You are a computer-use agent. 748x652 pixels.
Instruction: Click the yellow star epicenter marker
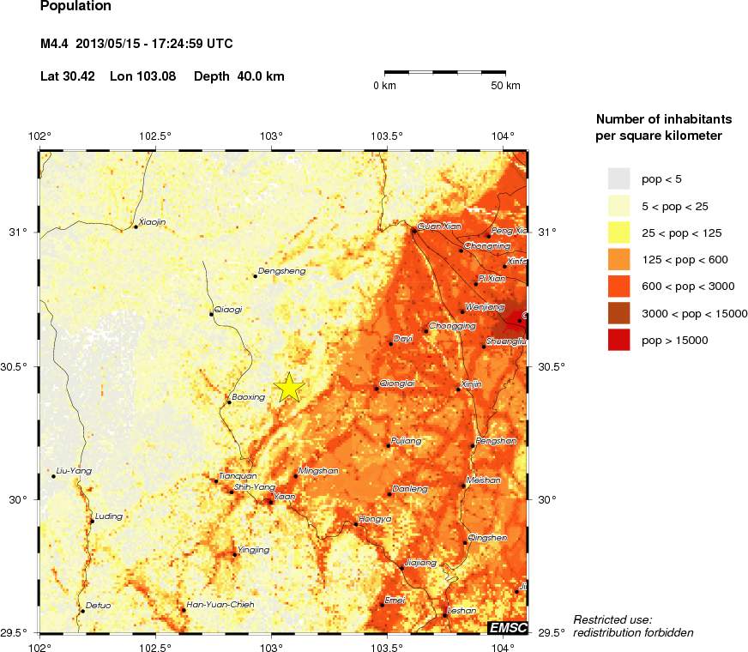point(290,388)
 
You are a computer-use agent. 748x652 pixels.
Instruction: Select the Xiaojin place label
point(152,221)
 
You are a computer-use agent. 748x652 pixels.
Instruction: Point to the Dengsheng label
point(281,271)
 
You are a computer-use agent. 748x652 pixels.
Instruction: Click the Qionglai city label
point(397,383)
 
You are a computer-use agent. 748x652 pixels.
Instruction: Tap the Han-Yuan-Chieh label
point(220,605)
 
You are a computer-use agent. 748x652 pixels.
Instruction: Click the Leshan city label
point(461,610)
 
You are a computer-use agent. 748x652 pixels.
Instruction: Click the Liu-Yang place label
point(73,471)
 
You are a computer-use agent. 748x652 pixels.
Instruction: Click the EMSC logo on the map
point(507,628)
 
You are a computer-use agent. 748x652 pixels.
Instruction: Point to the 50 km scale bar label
point(505,86)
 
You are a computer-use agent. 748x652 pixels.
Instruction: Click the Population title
point(75,6)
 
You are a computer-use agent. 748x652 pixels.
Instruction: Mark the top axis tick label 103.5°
point(388,136)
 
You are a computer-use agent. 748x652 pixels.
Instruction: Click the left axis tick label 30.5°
point(20,367)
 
